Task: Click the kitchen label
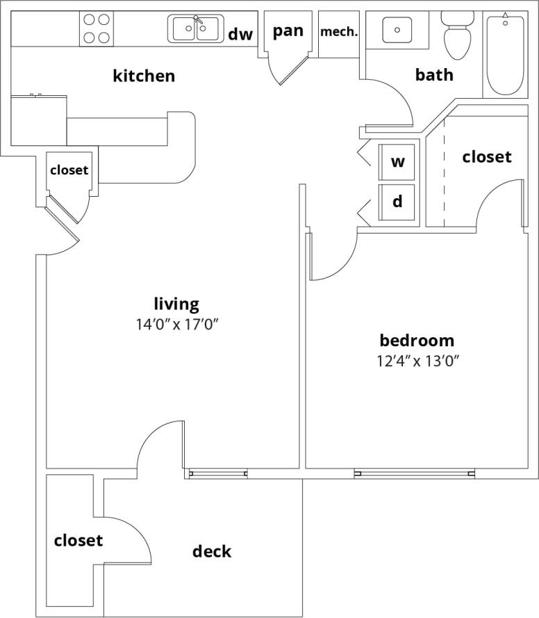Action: [x=144, y=76]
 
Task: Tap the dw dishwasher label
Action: [x=240, y=33]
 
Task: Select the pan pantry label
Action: [x=288, y=31]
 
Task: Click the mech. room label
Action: [x=339, y=32]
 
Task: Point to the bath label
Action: [x=434, y=74]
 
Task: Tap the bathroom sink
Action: [x=397, y=30]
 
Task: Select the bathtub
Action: [x=505, y=54]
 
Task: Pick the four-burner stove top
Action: [x=97, y=29]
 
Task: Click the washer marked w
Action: [x=397, y=163]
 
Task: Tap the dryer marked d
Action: [x=397, y=202]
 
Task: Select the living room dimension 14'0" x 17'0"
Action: [x=176, y=323]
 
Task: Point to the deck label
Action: [x=212, y=551]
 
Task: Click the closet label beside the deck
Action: [x=78, y=540]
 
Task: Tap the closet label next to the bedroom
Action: [x=487, y=157]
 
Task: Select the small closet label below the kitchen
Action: [x=69, y=170]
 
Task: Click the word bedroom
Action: [x=417, y=341]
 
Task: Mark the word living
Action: [x=176, y=304]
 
